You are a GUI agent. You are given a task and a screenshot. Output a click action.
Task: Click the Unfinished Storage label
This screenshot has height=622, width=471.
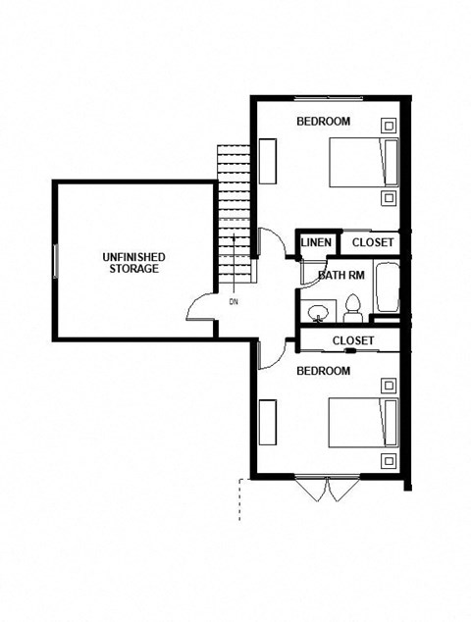pyautogui.click(x=133, y=262)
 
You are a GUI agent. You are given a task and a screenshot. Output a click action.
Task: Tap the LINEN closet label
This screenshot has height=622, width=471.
pyautogui.click(x=315, y=242)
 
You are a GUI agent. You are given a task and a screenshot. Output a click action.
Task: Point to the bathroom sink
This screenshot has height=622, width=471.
pyautogui.click(x=318, y=313)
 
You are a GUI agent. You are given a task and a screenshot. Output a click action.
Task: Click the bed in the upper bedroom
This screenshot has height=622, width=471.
pyautogui.click(x=363, y=162)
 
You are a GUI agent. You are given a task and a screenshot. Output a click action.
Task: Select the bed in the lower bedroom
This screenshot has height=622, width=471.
pyautogui.click(x=363, y=422)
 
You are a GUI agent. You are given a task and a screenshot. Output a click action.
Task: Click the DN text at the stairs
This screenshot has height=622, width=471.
pyautogui.click(x=233, y=301)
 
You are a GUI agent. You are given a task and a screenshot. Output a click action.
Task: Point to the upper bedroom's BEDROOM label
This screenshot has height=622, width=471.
pyautogui.click(x=323, y=121)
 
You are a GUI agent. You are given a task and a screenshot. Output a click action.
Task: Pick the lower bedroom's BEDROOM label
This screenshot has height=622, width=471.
pyautogui.click(x=323, y=370)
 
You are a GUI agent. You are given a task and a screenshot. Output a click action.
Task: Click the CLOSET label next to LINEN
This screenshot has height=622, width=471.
pyautogui.click(x=372, y=242)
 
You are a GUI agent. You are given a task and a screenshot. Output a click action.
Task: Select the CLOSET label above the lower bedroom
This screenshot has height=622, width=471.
pyautogui.click(x=352, y=340)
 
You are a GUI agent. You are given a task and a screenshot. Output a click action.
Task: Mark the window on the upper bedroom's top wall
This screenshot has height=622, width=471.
pyautogui.click(x=324, y=98)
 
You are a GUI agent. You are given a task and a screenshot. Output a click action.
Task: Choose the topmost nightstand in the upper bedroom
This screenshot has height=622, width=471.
pyautogui.click(x=389, y=125)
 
